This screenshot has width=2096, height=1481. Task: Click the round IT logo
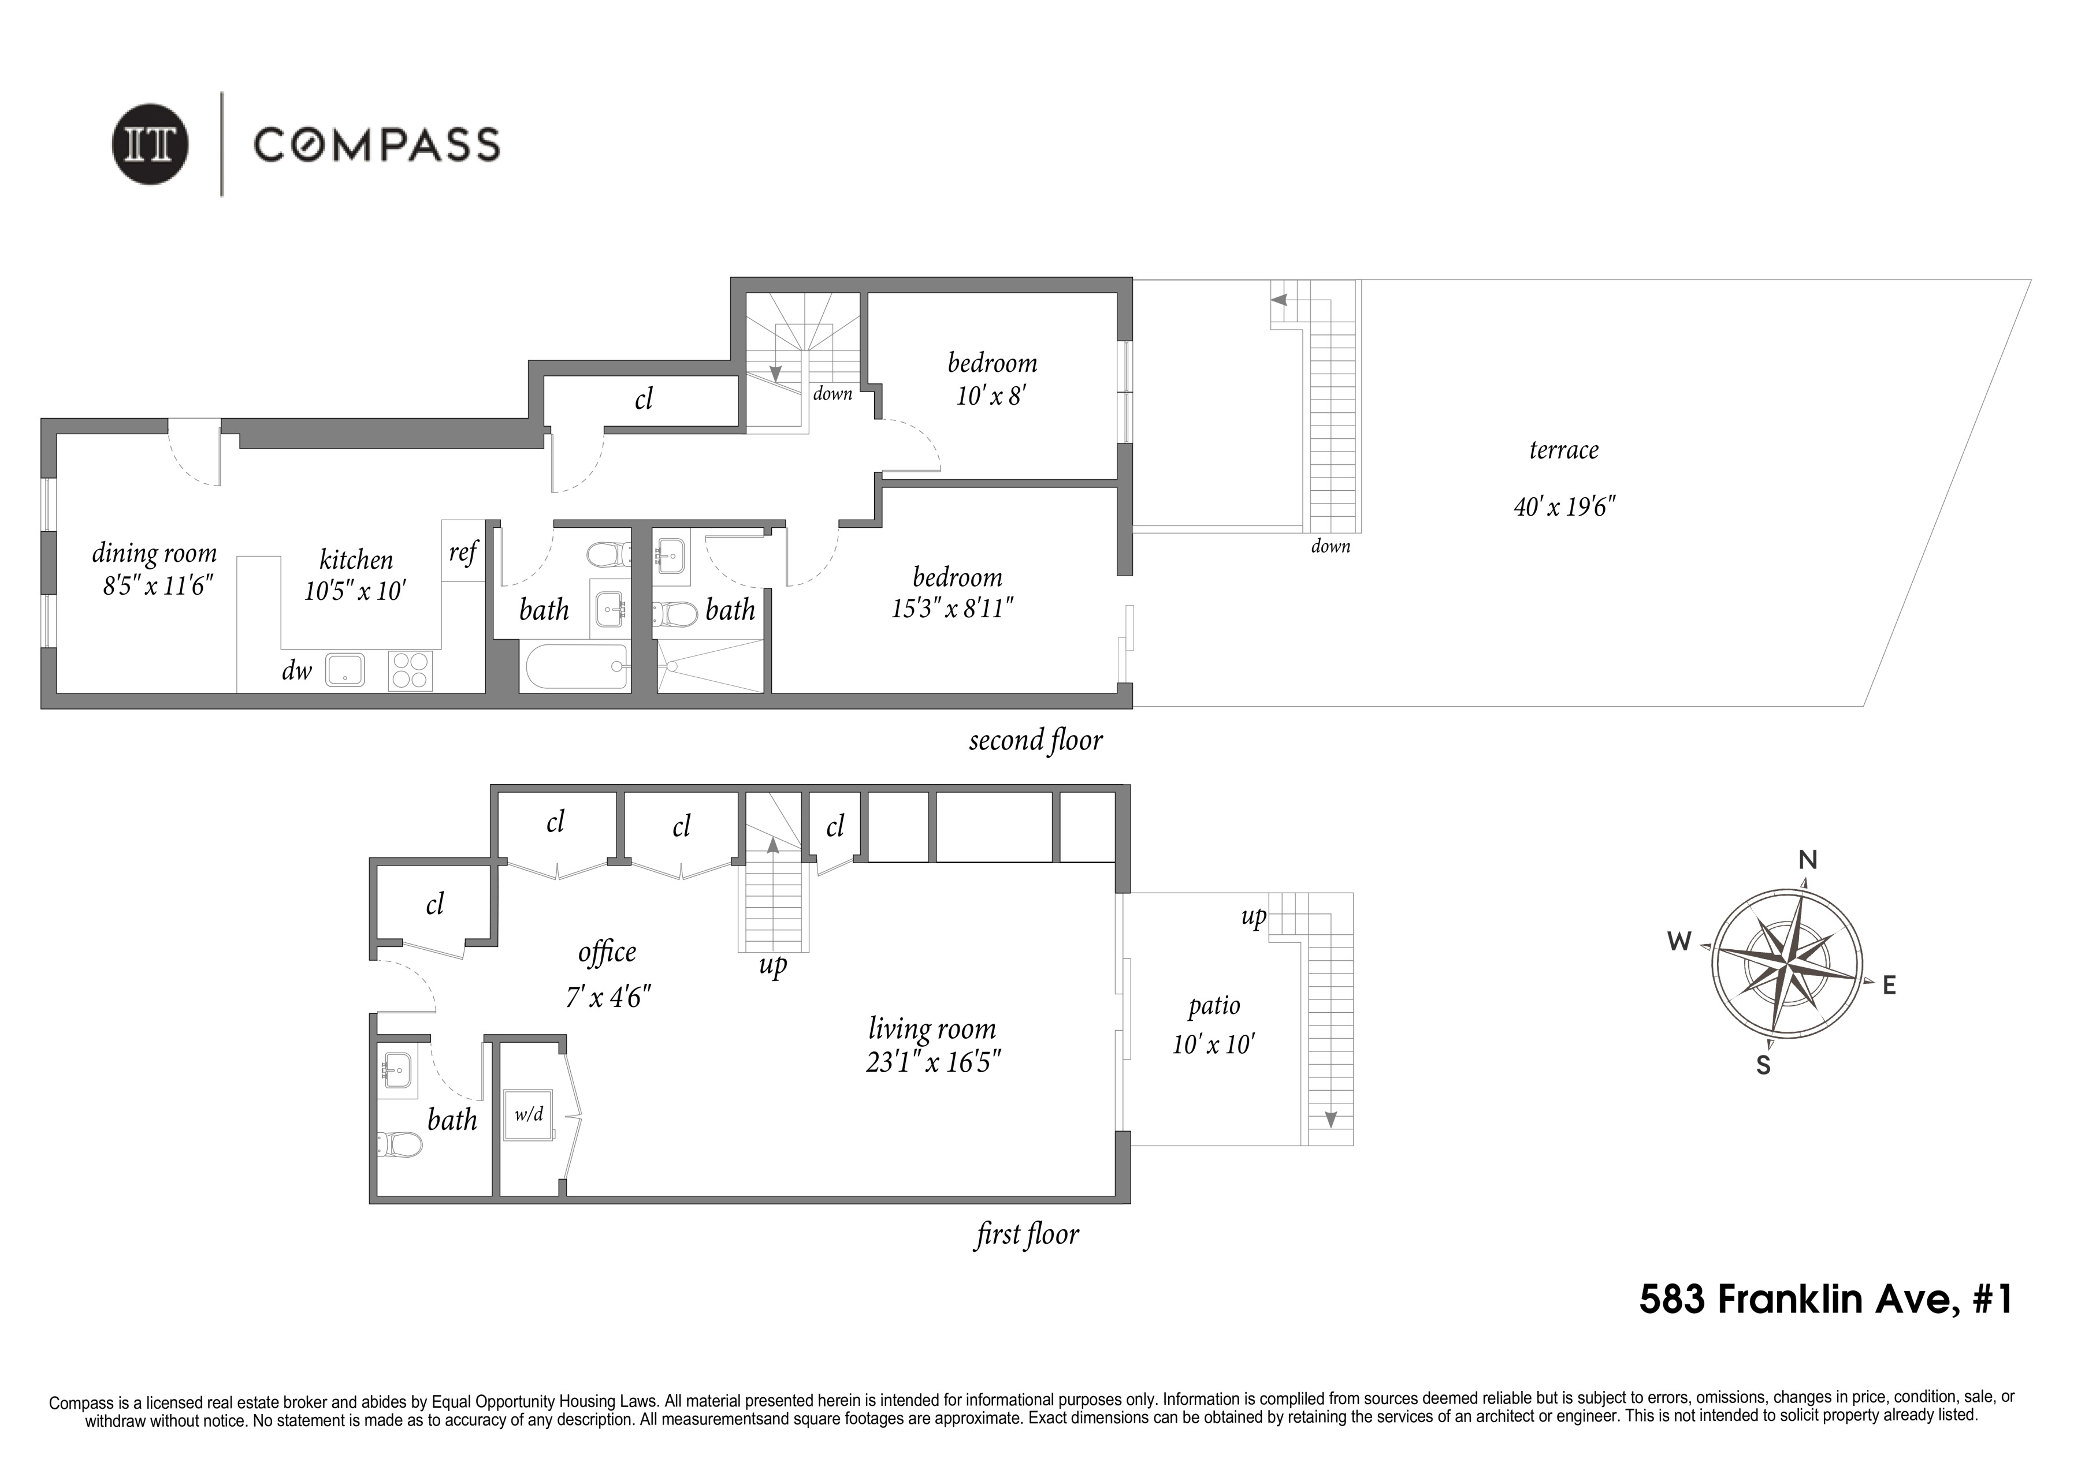[x=151, y=145]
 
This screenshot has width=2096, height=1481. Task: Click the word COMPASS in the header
[x=376, y=145]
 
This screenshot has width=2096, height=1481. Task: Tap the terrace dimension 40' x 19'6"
[x=1564, y=506]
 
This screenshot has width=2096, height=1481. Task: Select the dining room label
[x=154, y=553]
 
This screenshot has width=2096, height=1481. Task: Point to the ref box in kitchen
[x=463, y=551]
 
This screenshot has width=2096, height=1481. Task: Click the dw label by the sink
[x=297, y=671]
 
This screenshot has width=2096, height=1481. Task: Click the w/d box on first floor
[x=529, y=1114]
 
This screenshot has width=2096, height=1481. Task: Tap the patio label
[x=1214, y=1006]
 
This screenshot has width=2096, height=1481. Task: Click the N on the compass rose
[x=1808, y=860]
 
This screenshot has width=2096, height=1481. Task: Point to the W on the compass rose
[x=1679, y=942]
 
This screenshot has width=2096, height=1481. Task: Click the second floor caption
[x=1035, y=740]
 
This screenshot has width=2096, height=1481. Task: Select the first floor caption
[x=1027, y=1234]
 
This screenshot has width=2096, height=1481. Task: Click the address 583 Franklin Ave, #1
[x=1825, y=1299]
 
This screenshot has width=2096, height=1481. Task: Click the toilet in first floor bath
[x=399, y=1144]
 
